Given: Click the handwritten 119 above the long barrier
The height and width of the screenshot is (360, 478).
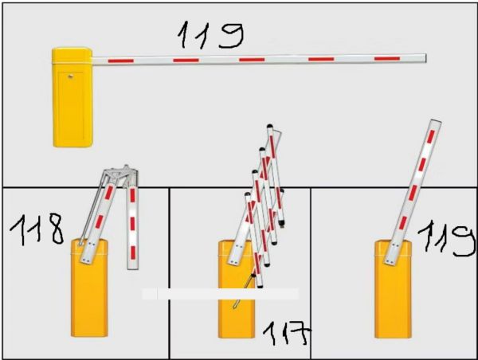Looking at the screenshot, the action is point(210,35).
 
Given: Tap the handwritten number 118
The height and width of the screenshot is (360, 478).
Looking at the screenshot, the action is point(37,229).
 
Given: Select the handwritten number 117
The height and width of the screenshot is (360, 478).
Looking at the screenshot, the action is point(287,334).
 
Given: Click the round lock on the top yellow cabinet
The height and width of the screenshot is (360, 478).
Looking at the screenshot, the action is point(70,76).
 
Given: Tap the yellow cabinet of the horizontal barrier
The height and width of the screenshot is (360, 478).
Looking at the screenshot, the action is point(72,97).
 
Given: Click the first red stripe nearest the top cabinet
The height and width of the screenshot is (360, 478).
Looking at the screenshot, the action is point(121,61).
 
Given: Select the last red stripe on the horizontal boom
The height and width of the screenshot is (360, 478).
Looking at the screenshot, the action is point(387,58).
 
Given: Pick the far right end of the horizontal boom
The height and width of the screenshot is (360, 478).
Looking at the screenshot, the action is point(426,58).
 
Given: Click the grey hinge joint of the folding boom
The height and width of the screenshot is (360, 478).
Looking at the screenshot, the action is point(120,174).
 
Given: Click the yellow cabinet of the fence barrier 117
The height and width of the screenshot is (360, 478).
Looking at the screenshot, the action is point(237,290).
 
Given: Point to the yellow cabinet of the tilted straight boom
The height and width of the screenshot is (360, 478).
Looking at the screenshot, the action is point(393,290).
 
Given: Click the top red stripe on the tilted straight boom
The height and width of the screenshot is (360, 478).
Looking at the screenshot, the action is point(430,136).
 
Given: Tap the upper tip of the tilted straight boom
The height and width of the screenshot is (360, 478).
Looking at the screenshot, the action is point(436,121).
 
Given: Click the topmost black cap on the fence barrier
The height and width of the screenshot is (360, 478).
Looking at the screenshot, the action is point(269,126).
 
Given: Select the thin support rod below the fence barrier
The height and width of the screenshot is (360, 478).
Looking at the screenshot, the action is point(244,292).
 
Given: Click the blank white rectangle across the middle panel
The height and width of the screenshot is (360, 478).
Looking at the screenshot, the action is point(220,294).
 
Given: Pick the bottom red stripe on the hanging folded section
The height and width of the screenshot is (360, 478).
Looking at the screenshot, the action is point(132,252).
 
